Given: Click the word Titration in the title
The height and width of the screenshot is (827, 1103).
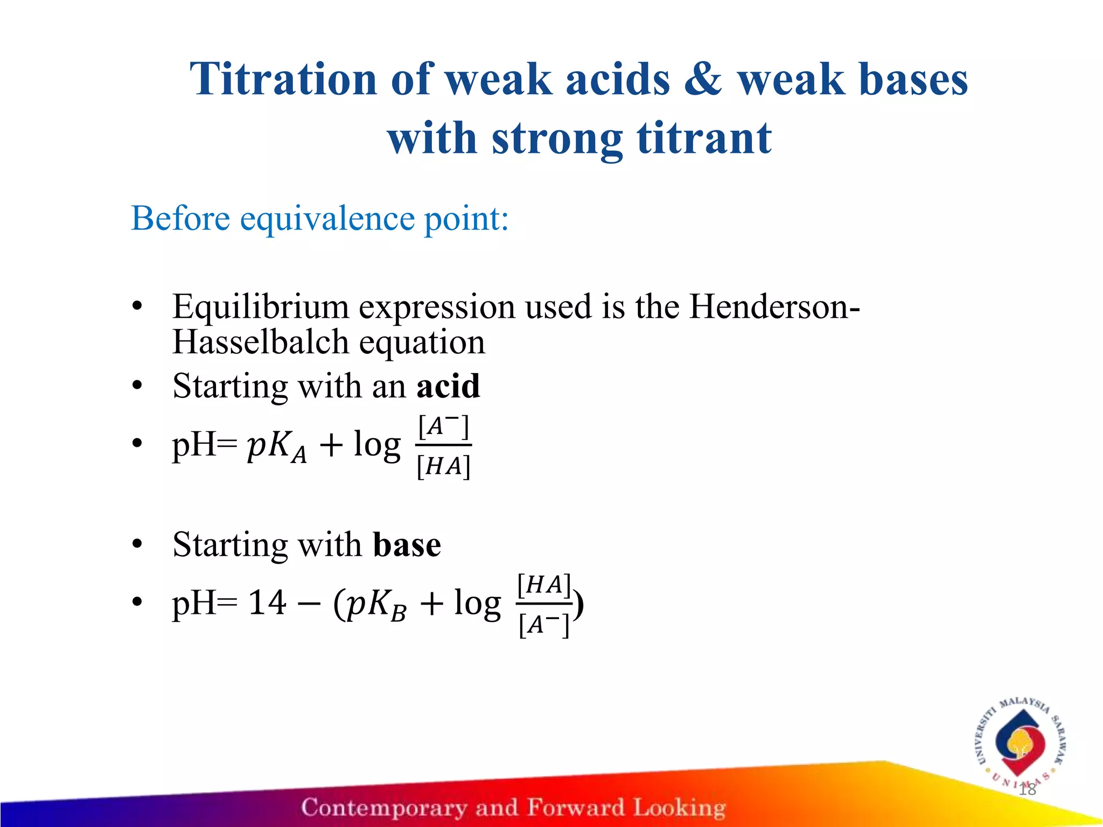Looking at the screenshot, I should (283, 80).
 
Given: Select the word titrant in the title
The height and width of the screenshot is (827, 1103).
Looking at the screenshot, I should (704, 138).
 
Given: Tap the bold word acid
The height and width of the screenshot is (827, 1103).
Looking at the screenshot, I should (448, 386).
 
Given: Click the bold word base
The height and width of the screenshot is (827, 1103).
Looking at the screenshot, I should (407, 545).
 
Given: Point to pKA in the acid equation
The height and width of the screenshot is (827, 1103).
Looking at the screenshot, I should (276, 447).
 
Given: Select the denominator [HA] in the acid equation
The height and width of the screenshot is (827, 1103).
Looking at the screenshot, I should (443, 466).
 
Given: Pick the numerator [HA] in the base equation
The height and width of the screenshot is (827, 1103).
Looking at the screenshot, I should (543, 585).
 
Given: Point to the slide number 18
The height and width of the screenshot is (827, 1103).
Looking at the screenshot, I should (1027, 790).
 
